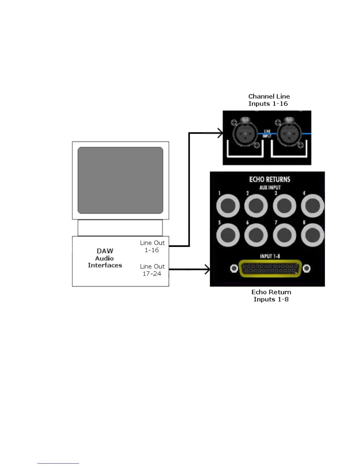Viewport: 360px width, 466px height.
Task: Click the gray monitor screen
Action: pyautogui.click(x=120, y=180)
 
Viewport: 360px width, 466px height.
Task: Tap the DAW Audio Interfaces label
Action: pyautogui.click(x=105, y=258)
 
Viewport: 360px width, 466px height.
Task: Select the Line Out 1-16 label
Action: pyautogui.click(x=152, y=246)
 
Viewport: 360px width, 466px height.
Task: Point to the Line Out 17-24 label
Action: pyautogui.click(x=152, y=270)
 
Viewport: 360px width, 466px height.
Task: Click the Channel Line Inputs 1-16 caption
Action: pyautogui.click(x=269, y=100)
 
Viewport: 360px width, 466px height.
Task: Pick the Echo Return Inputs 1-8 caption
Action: pyautogui.click(x=271, y=296)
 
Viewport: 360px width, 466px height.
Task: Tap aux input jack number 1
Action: pyautogui.click(x=228, y=206)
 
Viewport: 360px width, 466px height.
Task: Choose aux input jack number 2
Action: pyautogui.click(x=256, y=206)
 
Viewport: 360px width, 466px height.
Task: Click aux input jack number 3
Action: pyautogui.click(x=284, y=206)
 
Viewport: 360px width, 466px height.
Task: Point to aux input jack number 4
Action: pyautogui.click(x=312, y=206)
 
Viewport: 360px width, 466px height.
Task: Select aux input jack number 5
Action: pyautogui.click(x=228, y=235)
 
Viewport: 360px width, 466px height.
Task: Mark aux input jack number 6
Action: pyautogui.click(x=256, y=235)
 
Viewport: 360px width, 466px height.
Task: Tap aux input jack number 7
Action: pyautogui.click(x=284, y=235)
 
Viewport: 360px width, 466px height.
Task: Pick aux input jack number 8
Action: pyautogui.click(x=312, y=235)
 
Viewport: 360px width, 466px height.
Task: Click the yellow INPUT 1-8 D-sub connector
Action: pyautogui.click(x=270, y=268)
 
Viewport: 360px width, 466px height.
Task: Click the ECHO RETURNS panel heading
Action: pyautogui.click(x=270, y=179)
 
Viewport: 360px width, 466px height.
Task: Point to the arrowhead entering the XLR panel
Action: pyautogui.click(x=220, y=133)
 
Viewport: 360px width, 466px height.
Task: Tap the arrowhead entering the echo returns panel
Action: pyautogui.click(x=207, y=269)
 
